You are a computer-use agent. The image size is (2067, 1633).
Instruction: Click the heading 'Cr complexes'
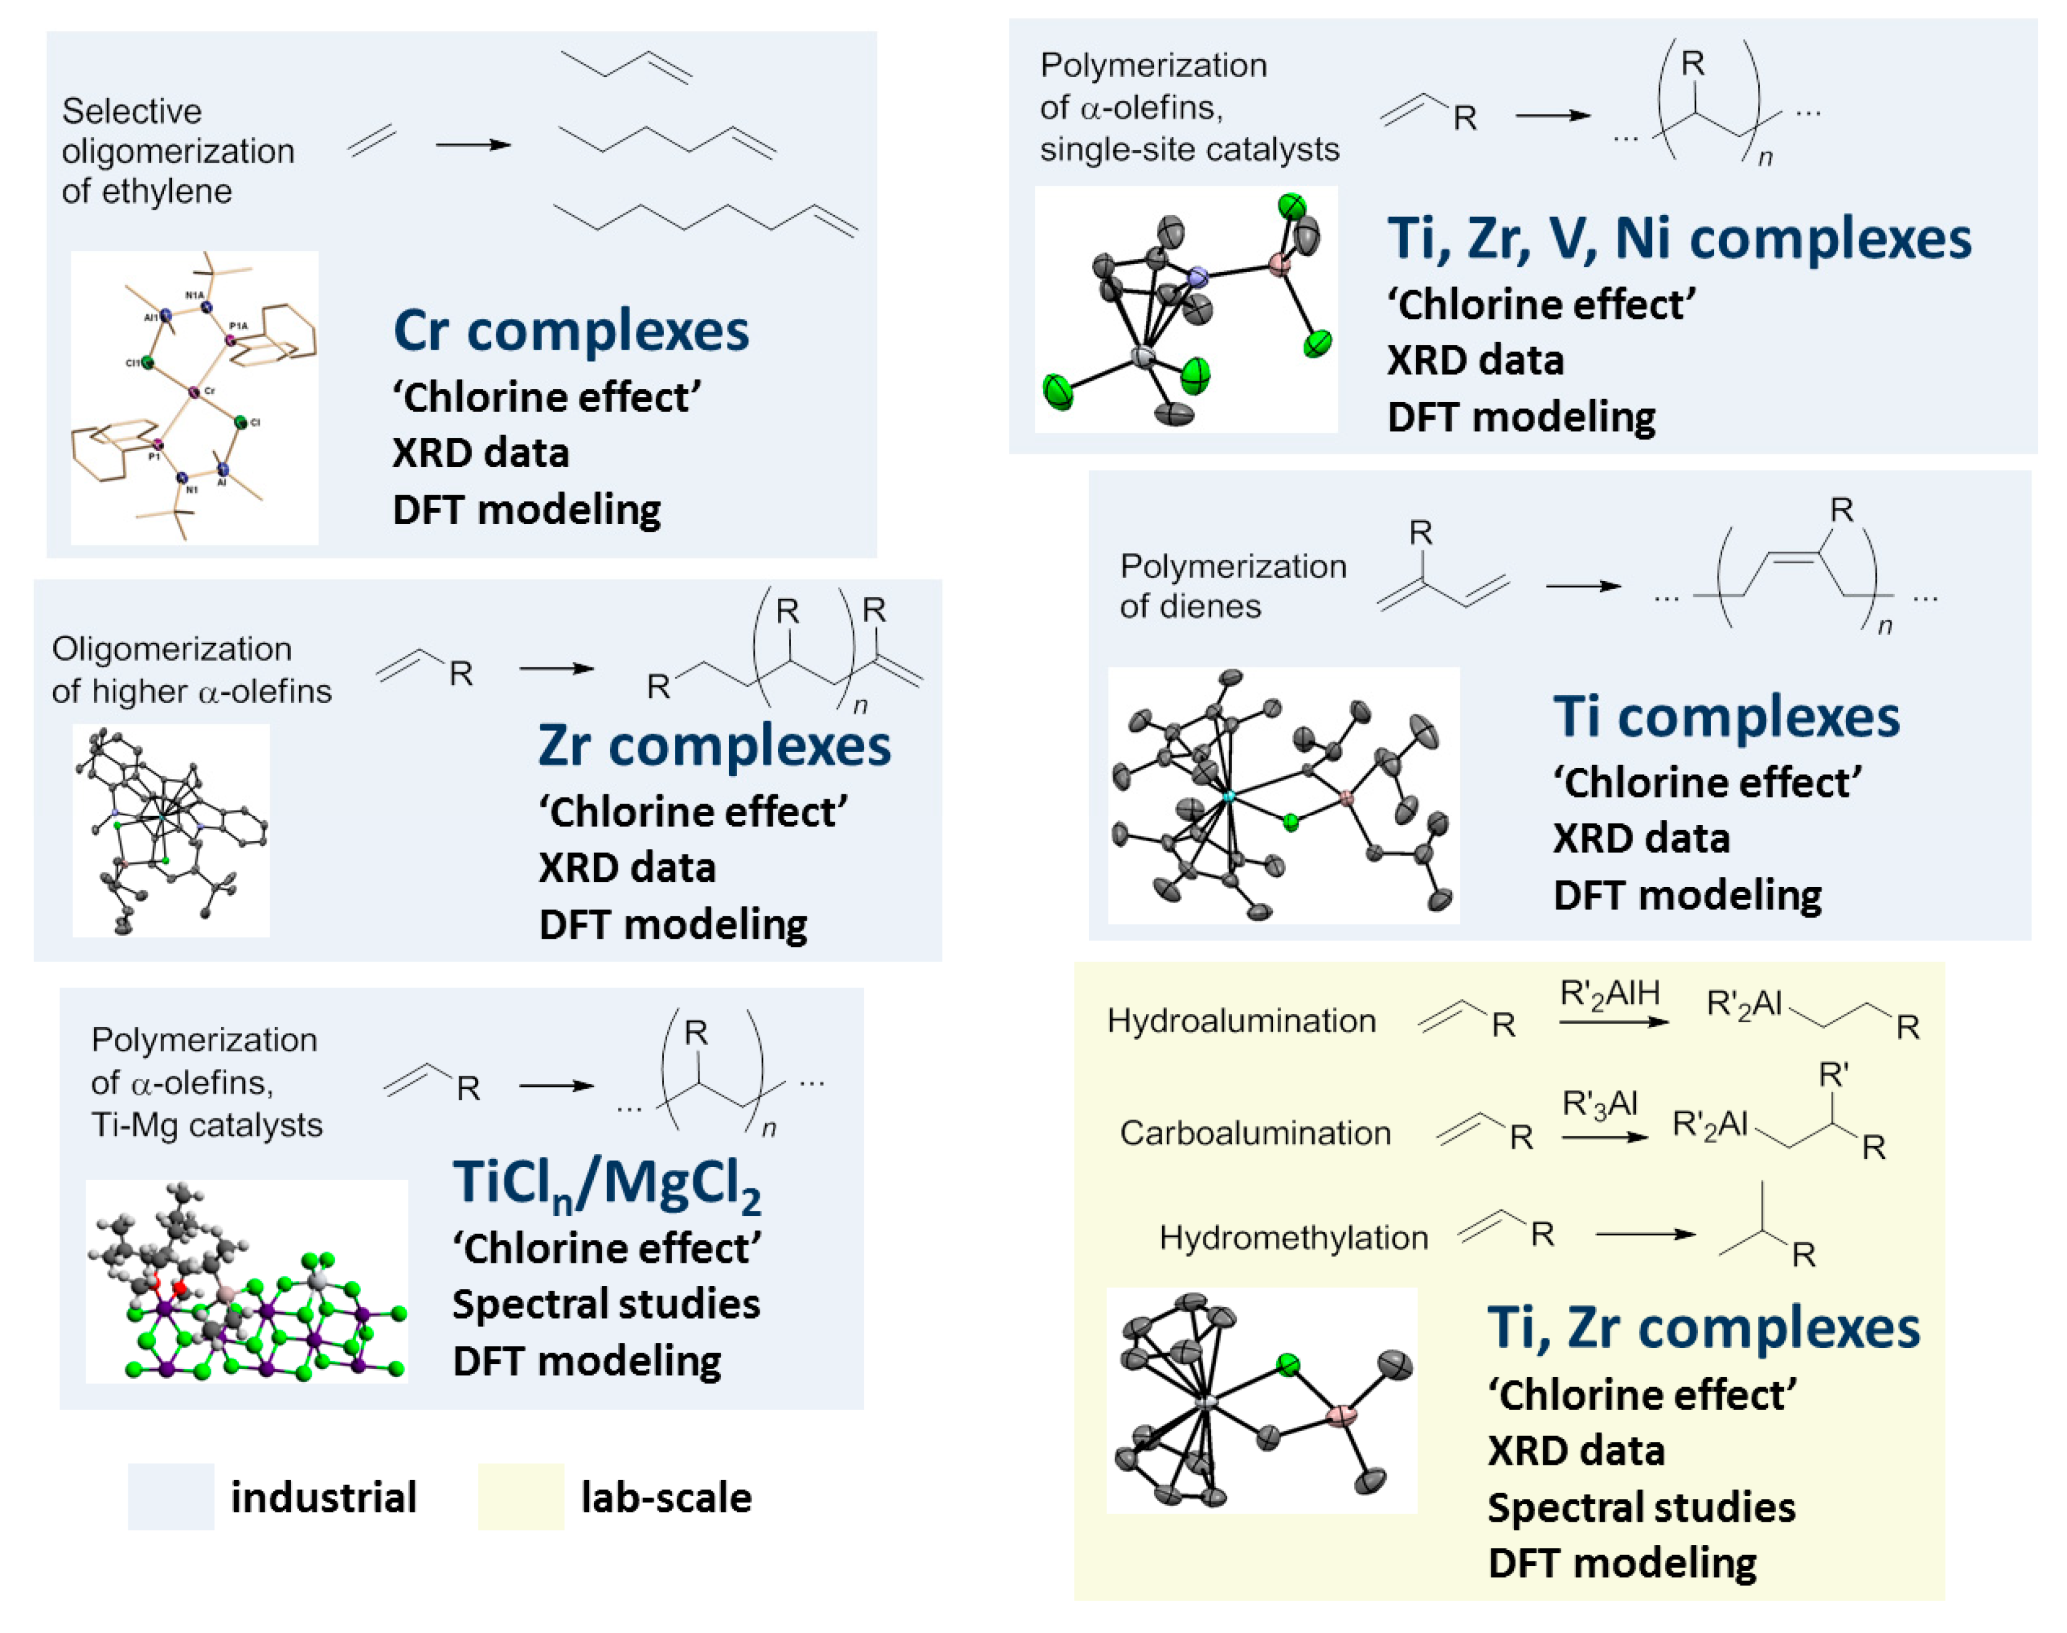point(570,331)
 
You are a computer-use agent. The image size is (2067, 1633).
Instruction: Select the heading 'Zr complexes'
point(713,746)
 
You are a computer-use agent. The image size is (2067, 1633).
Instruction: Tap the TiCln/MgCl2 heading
point(606,1184)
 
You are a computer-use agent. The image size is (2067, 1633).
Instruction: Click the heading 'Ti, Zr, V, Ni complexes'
point(1678,238)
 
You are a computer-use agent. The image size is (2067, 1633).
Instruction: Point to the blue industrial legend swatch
point(170,1496)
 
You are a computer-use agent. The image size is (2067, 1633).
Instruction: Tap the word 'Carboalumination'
point(1254,1133)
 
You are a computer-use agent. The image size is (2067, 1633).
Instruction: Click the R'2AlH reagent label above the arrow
point(1609,994)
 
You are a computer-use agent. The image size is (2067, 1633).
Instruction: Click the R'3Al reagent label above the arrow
point(1600,1105)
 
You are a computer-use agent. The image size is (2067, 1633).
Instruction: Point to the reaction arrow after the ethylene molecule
point(472,145)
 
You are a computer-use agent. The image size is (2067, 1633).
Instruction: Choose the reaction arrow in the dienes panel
point(1582,586)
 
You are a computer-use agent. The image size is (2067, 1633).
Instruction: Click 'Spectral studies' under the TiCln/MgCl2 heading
point(606,1304)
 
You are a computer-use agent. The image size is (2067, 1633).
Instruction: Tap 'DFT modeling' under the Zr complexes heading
point(673,924)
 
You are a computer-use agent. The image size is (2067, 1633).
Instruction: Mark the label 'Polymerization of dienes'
point(1232,586)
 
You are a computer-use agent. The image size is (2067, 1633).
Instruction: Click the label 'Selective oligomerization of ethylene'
point(178,151)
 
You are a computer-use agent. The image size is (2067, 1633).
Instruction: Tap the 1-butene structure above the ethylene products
point(626,65)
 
